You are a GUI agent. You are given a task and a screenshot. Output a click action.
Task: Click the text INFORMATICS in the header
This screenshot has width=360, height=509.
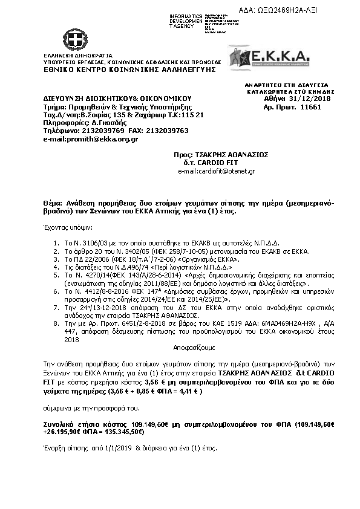[x=186, y=16]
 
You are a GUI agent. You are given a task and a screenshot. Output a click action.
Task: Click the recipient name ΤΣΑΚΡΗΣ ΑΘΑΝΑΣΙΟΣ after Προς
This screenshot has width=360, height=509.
[x=229, y=155]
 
